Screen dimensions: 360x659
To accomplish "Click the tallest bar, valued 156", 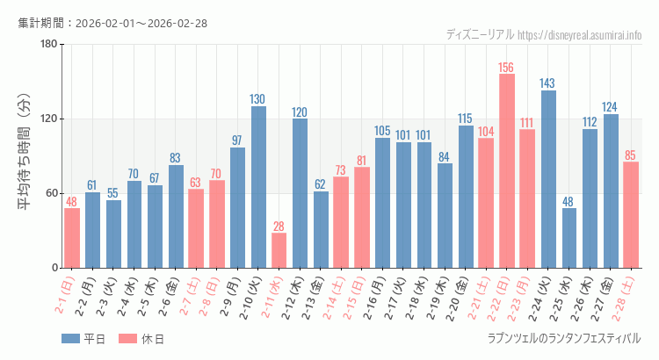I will pyautogui.click(x=507, y=171).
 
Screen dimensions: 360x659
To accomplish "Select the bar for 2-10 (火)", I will pyautogui.click(x=258, y=187).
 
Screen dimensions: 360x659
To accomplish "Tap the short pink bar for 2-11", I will pyautogui.click(x=279, y=250).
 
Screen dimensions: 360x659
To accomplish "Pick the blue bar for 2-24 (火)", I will pyautogui.click(x=548, y=179).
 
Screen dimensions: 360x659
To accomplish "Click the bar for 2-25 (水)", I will pyautogui.click(x=569, y=238).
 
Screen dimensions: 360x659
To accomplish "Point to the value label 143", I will pyautogui.click(x=548, y=83).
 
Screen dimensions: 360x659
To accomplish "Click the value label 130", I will pyautogui.click(x=258, y=98).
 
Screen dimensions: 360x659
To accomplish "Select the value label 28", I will pyautogui.click(x=279, y=226).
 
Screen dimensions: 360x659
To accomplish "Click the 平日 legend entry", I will pyautogui.click(x=84, y=339).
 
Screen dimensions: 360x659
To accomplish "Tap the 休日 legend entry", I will pyautogui.click(x=141, y=339).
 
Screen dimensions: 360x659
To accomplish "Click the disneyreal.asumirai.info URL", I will pyautogui.click(x=580, y=34).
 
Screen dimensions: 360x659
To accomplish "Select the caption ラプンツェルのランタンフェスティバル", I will pyautogui.click(x=563, y=338).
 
